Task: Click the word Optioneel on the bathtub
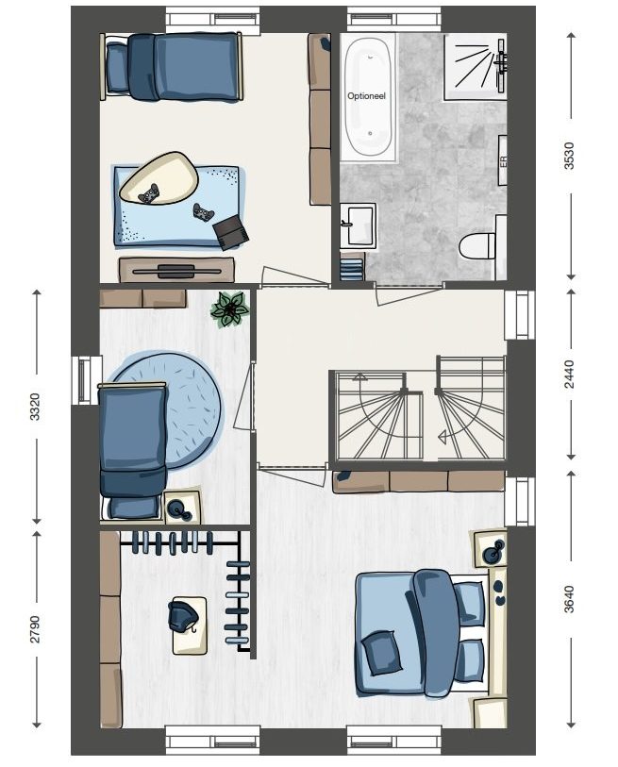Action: point(366,96)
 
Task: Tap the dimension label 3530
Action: point(569,156)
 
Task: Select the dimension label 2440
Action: point(569,375)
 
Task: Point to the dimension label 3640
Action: point(569,599)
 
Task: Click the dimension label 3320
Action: point(35,407)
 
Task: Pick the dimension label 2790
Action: point(35,628)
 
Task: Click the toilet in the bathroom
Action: point(477,244)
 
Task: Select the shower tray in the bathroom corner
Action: point(475,67)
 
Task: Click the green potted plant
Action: point(229,309)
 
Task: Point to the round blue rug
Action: point(166,411)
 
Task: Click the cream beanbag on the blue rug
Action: point(159,178)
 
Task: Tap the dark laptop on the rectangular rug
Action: point(230,232)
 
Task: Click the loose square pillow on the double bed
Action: point(381,653)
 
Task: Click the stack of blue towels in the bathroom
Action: point(352,269)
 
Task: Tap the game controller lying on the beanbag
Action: point(149,193)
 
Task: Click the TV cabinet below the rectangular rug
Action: point(176,270)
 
